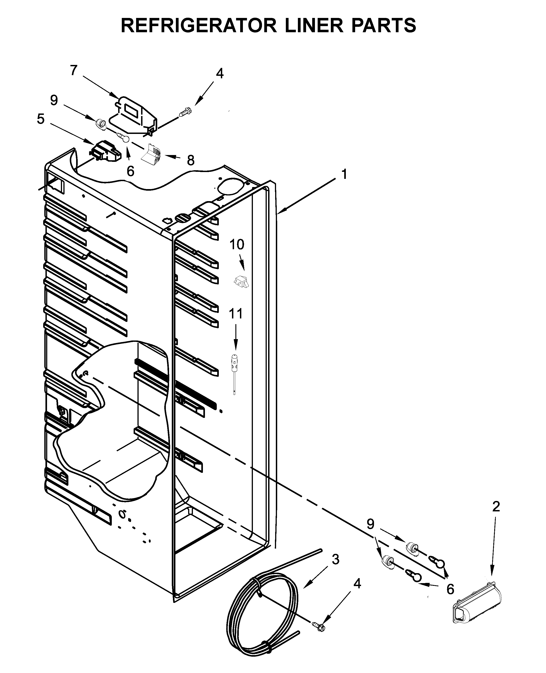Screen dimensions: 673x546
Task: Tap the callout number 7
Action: (74, 70)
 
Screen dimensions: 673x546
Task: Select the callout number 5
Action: (41, 119)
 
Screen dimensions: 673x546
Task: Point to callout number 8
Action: (191, 160)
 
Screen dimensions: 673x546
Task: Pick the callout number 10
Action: (237, 244)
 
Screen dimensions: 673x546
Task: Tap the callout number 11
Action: (236, 313)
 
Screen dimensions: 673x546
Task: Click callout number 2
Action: (496, 506)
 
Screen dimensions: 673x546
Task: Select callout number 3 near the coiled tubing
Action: (336, 559)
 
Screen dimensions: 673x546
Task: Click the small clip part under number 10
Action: (242, 281)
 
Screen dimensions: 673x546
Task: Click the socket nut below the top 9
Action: (101, 123)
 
